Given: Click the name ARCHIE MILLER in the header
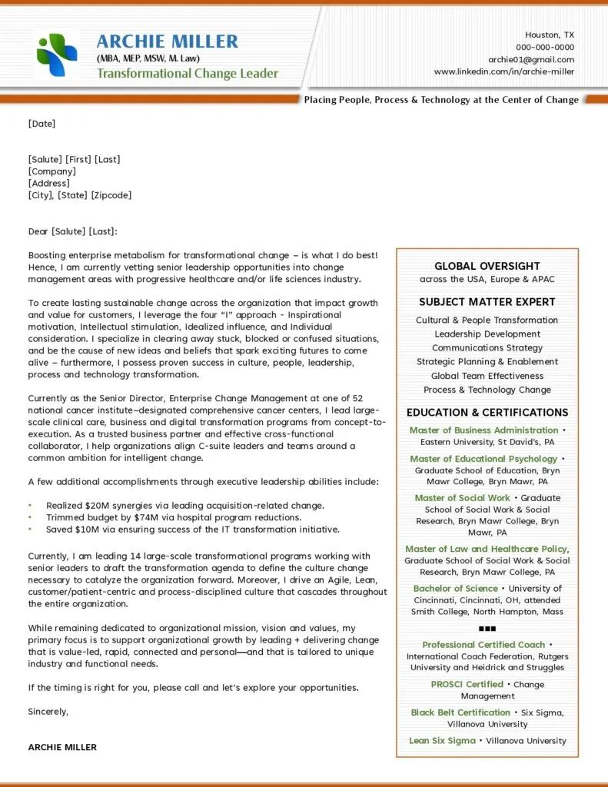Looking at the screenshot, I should click(167, 42).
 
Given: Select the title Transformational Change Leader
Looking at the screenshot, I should click(187, 74).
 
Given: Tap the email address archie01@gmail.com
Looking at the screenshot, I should click(530, 59).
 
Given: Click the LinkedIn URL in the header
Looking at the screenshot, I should click(503, 71).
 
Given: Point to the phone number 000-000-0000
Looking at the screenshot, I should click(544, 47).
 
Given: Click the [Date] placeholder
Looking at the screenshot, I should click(42, 123).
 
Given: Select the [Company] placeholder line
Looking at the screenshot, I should click(51, 171).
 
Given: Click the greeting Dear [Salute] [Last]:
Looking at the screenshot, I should click(72, 231).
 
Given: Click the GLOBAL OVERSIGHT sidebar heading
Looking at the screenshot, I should click(487, 266).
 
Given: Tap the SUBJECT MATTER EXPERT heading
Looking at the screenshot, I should click(487, 302).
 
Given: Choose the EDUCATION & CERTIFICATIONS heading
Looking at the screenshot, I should click(487, 413).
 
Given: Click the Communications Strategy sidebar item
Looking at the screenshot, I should click(487, 348).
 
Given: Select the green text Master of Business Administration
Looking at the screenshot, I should click(483, 430).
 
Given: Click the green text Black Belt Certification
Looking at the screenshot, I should click(460, 712).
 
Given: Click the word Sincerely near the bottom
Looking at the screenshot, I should click(48, 712).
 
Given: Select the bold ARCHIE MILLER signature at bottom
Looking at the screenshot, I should click(62, 747).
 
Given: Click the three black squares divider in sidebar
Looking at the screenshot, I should click(487, 629).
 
